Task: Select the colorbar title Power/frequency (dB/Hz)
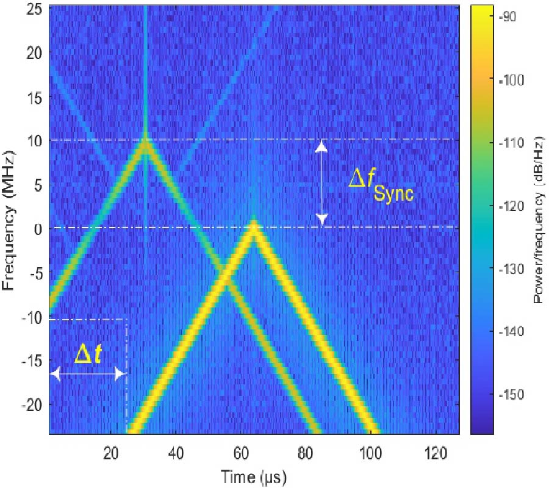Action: (539, 220)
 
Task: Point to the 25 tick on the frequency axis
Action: (35, 9)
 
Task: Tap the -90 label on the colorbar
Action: (508, 17)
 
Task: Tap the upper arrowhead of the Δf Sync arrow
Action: (322, 145)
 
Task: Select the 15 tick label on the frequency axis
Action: (35, 97)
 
